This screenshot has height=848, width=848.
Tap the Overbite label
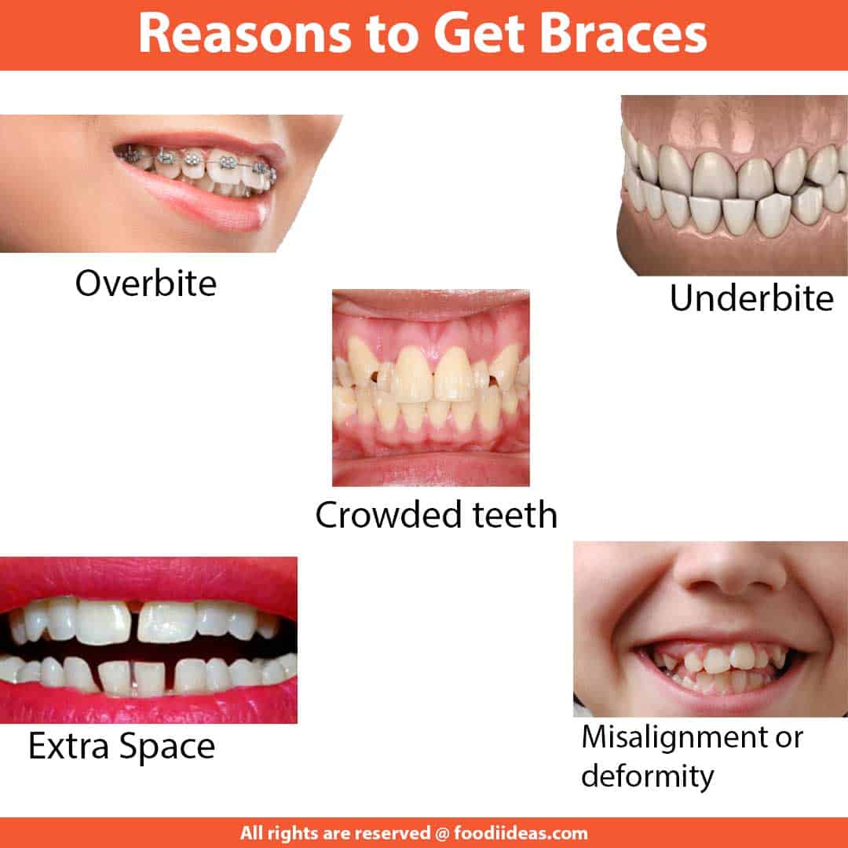pos(145,283)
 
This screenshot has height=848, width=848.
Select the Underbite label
pos(751,299)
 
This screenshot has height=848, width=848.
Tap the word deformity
pos(648,777)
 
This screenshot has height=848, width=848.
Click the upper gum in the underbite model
pos(730,126)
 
